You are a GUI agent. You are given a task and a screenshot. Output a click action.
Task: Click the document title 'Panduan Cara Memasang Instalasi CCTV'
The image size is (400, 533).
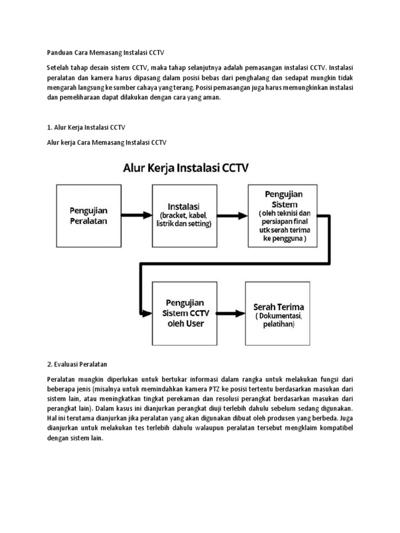105,53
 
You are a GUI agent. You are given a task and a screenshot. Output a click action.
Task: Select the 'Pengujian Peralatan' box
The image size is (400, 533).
89,214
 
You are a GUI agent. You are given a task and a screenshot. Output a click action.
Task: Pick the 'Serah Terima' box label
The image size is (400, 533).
278,307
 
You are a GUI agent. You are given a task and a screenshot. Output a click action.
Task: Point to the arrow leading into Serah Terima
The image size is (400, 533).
232,313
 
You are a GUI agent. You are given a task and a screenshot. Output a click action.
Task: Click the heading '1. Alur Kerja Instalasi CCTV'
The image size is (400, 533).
86,128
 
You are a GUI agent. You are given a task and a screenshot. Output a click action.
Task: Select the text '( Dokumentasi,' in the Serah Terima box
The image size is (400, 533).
278,316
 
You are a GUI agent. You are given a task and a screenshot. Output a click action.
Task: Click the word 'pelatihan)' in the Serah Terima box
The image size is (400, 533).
278,325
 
